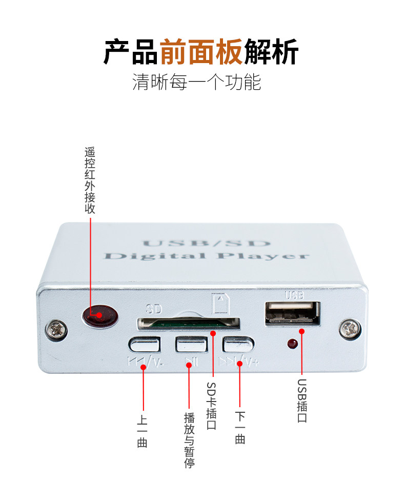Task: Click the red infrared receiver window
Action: click(100, 315)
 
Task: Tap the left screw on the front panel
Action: click(56, 329)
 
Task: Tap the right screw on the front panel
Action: click(350, 329)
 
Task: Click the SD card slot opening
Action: click(189, 323)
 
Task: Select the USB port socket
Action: click(293, 313)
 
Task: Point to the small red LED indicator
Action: click(293, 344)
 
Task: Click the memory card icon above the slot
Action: click(220, 304)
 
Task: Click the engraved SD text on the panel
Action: click(154, 309)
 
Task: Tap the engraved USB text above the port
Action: click(294, 295)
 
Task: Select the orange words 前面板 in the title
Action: click(201, 51)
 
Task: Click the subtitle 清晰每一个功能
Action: click(196, 82)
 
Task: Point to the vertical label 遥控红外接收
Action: click(90, 181)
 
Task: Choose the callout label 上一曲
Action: click(142, 431)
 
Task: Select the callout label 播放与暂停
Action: click(190, 440)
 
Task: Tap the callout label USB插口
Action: click(302, 400)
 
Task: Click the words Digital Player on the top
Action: click(206, 256)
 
